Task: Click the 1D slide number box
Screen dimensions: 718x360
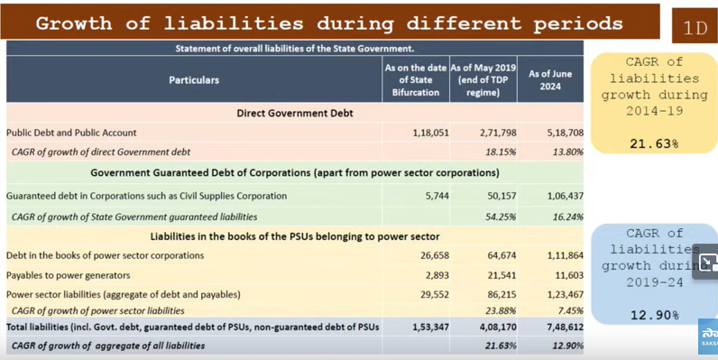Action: [x=695, y=26]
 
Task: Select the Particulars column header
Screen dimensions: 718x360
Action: [x=194, y=80]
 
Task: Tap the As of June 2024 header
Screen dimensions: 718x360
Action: [x=550, y=80]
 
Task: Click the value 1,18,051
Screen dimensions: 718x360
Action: [x=430, y=133]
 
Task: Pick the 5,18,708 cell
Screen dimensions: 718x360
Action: [x=565, y=133]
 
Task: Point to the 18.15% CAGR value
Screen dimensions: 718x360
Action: [x=501, y=152]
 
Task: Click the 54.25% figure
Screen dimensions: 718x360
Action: [x=501, y=217]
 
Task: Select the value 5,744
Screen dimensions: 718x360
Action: [x=437, y=196]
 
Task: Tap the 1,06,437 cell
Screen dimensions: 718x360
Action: [x=565, y=196]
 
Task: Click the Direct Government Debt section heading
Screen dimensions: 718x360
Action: [x=295, y=113]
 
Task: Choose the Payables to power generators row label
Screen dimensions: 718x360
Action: [x=69, y=275]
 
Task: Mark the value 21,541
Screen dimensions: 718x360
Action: [x=502, y=275]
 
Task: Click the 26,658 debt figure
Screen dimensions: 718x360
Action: [x=435, y=255]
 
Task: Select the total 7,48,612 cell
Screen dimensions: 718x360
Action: [x=565, y=327]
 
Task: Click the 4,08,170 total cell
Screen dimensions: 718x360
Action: [x=498, y=327]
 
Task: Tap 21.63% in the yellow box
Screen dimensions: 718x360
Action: [x=654, y=143]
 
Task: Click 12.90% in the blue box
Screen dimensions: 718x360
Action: [x=654, y=315]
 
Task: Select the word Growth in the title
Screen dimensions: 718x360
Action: [x=74, y=23]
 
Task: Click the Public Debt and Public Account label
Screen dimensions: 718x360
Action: [x=71, y=133]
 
